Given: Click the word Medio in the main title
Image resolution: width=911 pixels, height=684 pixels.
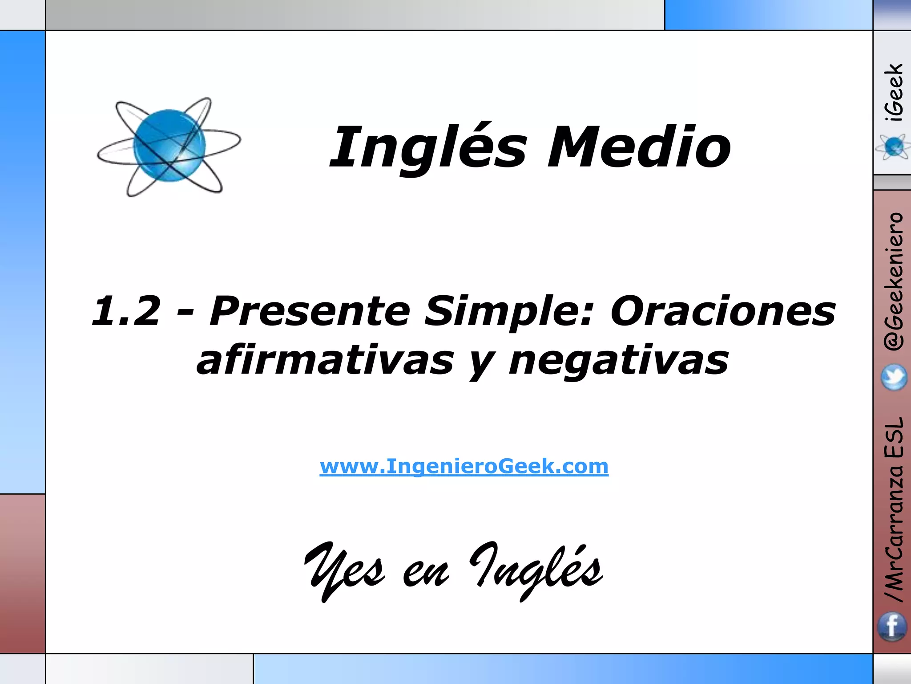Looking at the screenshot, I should click(x=639, y=147).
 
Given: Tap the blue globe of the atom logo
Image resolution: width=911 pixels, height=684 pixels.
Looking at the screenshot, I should click(x=169, y=146).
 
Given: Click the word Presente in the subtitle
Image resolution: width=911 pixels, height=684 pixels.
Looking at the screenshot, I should click(x=309, y=311).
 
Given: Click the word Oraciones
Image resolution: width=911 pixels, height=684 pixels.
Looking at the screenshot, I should click(x=723, y=311).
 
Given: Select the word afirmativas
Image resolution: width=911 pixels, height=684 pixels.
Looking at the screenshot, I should click(x=325, y=360).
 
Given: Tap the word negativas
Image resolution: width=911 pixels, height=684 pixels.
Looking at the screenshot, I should click(x=618, y=360).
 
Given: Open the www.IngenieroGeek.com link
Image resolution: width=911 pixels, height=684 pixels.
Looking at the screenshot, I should click(x=464, y=466).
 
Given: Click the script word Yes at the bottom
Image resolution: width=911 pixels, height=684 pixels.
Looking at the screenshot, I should click(x=345, y=570).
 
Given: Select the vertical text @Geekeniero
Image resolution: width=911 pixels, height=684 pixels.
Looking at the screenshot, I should click(x=894, y=281).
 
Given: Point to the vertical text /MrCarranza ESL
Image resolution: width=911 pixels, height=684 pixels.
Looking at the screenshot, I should click(x=894, y=510).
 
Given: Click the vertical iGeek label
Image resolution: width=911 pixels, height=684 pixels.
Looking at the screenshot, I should click(x=894, y=92).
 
